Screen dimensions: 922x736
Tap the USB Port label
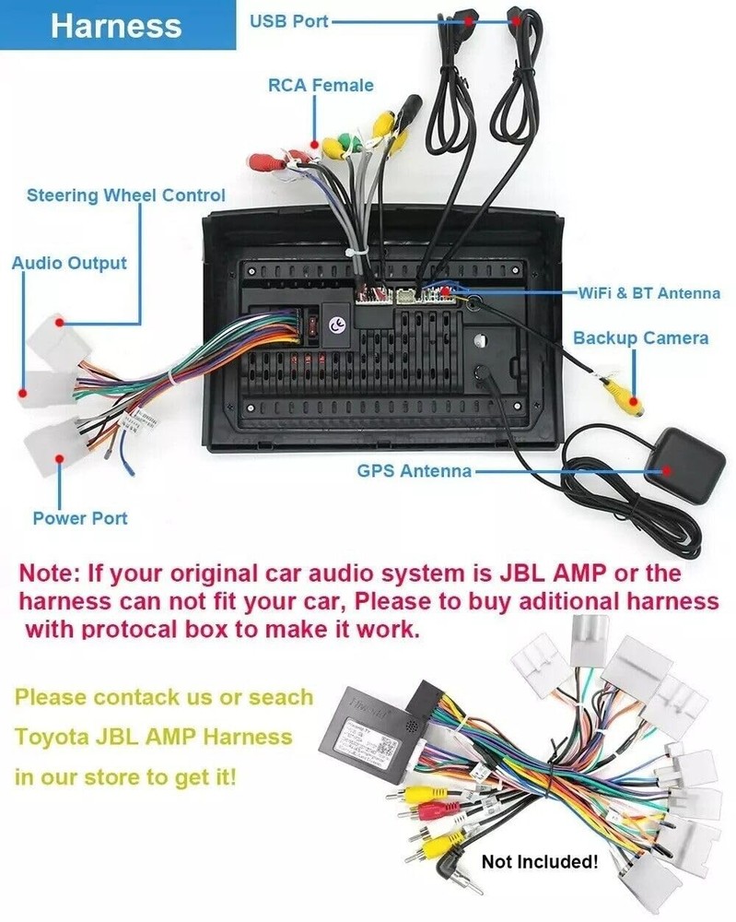pyautogui.click(x=288, y=20)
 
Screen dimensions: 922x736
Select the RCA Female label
pyautogui.click(x=321, y=85)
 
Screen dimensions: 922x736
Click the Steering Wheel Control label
pyautogui.click(x=125, y=195)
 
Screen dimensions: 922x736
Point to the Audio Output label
pyautogui.click(x=69, y=263)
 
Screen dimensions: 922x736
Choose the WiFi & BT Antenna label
pyautogui.click(x=648, y=293)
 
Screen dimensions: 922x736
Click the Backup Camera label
pyautogui.click(x=640, y=337)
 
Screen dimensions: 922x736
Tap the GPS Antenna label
pyautogui.click(x=414, y=471)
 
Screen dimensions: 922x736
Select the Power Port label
pyautogui.click(x=80, y=518)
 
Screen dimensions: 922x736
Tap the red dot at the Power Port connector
pyautogui.click(x=60, y=458)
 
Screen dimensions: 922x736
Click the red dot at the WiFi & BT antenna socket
pyautogui.click(x=446, y=292)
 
